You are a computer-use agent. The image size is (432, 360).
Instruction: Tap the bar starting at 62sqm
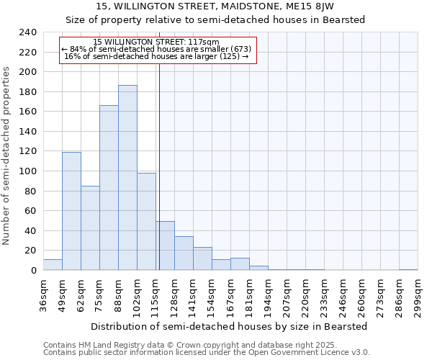tap(90, 228)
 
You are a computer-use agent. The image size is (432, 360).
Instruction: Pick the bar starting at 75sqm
tap(109, 187)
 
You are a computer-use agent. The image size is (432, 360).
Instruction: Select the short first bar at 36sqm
tap(53, 265)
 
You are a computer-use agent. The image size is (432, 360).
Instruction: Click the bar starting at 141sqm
tap(202, 258)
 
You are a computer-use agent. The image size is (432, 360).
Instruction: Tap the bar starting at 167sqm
tap(240, 264)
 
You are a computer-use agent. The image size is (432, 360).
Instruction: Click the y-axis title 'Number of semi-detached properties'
tap(6, 156)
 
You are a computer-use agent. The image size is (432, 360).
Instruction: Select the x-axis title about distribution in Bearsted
tap(230, 326)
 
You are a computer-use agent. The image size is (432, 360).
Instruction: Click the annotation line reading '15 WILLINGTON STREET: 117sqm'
tap(156, 42)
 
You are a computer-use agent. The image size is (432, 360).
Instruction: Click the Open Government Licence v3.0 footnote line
tap(207, 353)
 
